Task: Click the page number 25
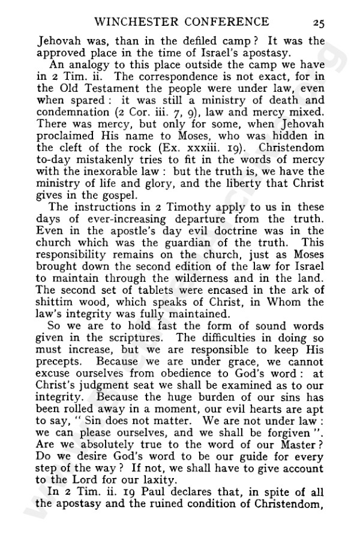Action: coord(318,23)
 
